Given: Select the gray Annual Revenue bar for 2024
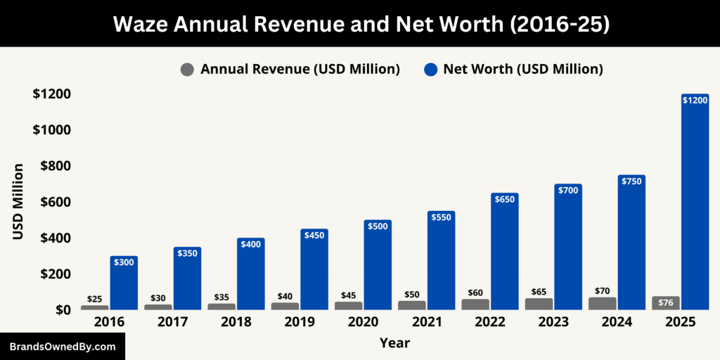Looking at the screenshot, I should [603, 303].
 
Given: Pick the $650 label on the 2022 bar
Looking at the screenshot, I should [505, 200].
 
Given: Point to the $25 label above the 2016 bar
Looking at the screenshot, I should [94, 299].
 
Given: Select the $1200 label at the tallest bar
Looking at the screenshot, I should [695, 101].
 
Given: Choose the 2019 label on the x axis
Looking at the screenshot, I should [300, 322].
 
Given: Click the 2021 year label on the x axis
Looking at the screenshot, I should [426, 322].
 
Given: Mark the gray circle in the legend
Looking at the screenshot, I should [187, 69].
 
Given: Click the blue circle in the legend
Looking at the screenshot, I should [430, 69].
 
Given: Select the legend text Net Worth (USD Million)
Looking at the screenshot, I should [522, 69].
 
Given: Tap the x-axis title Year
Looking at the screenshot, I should [394, 343].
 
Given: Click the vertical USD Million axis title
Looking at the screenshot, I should [18, 202].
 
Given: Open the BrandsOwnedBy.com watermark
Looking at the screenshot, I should [63, 347].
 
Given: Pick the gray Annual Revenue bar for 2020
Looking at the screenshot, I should [349, 305].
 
